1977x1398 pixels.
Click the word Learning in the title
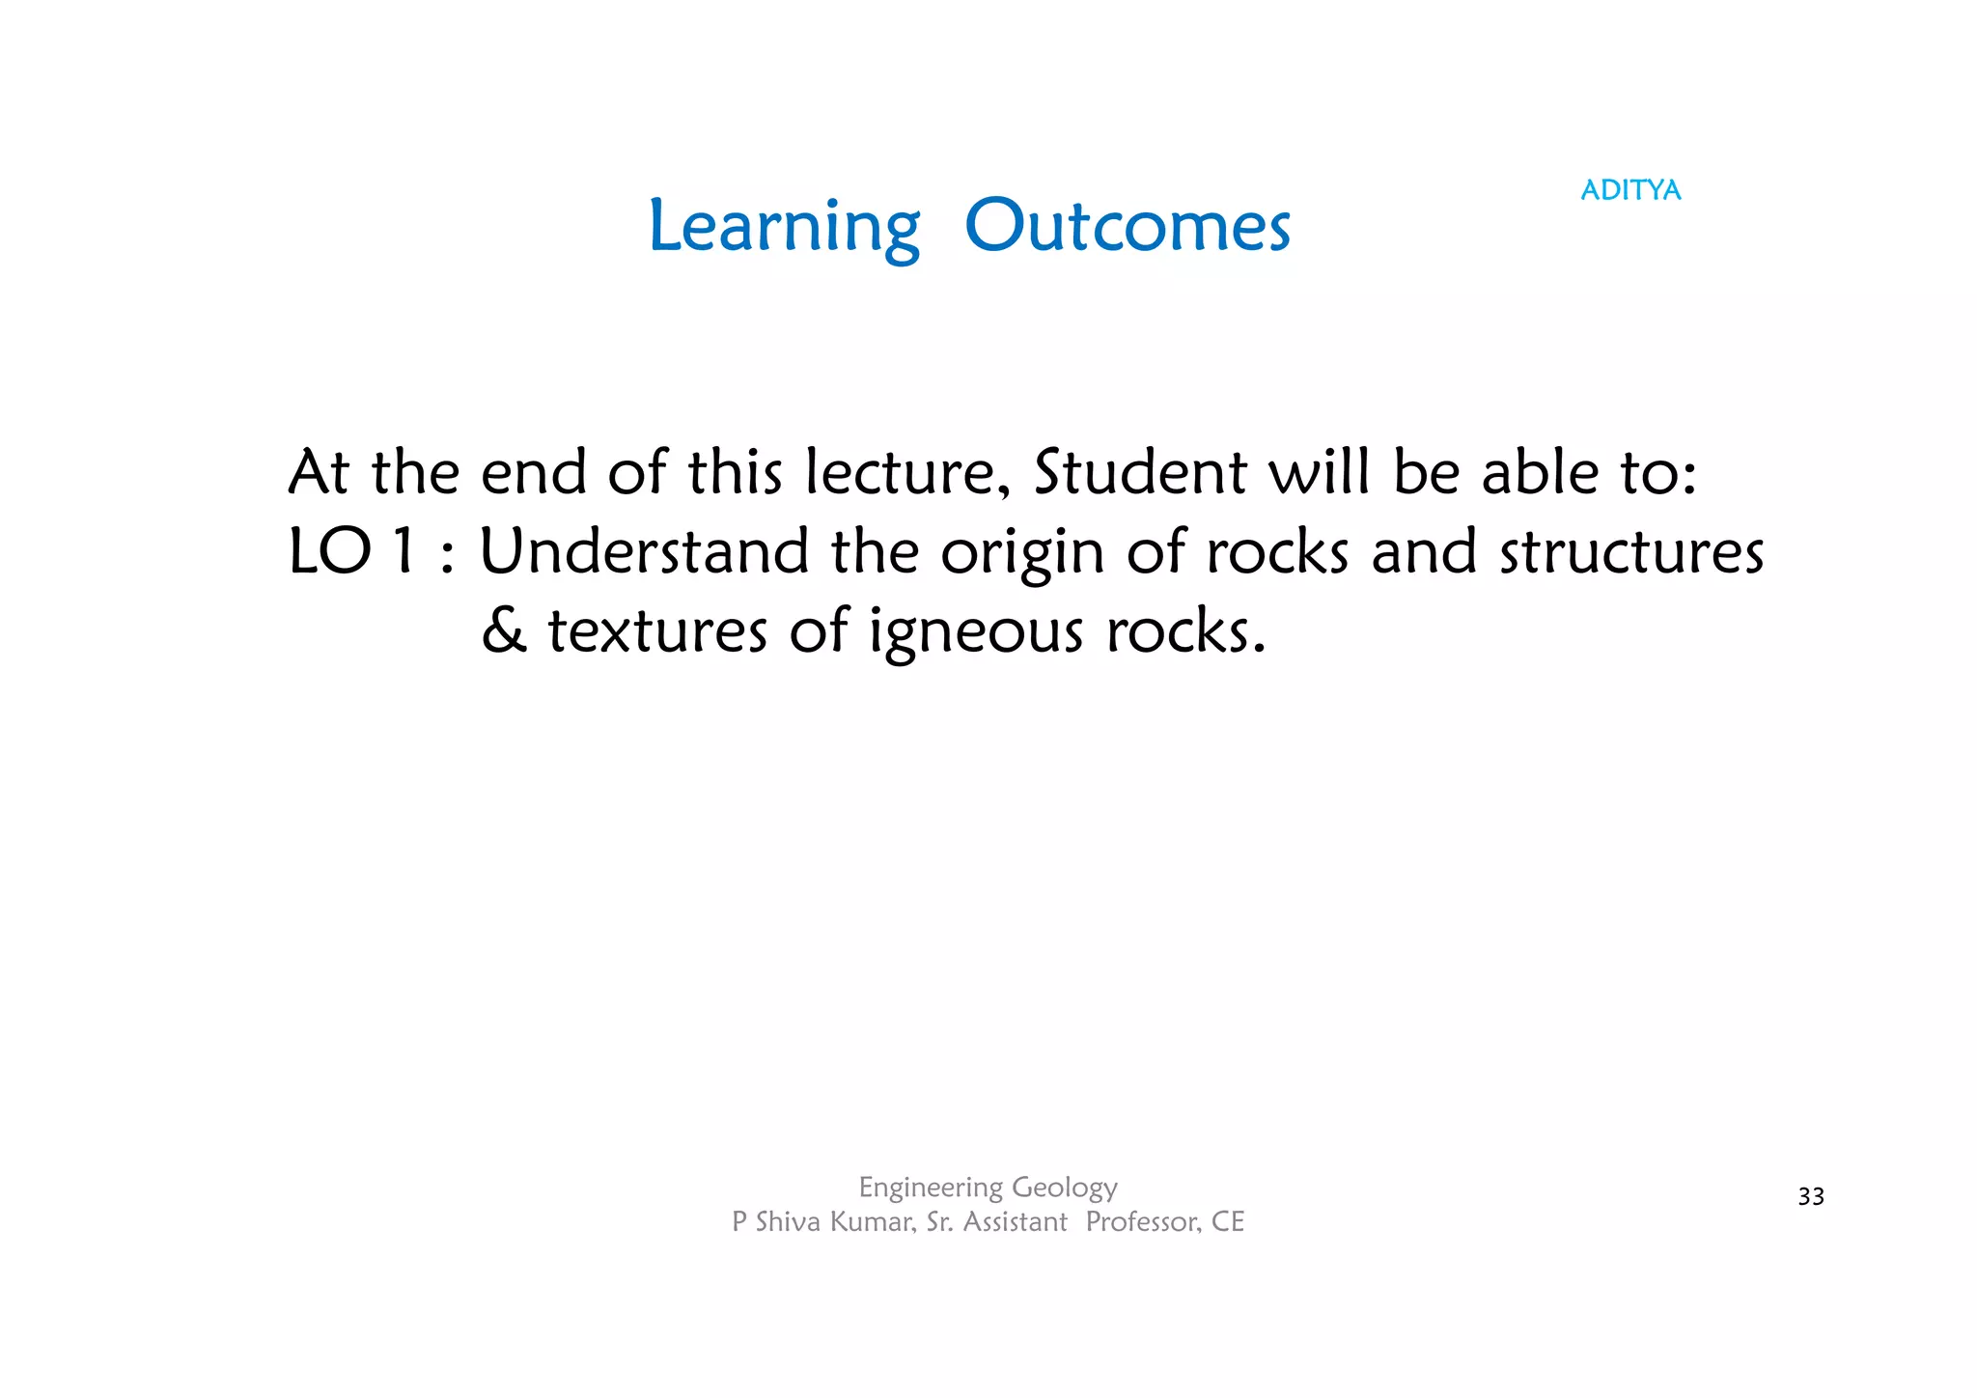tap(784, 228)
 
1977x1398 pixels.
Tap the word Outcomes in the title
tap(1127, 228)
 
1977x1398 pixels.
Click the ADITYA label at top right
tap(1630, 190)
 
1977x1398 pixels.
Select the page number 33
tap(1811, 1197)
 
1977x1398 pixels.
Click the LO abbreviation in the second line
tap(329, 552)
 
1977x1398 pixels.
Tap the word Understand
tap(644, 552)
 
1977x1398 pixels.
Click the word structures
tap(1631, 552)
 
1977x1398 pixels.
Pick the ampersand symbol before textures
tap(504, 631)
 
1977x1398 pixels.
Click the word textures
tap(657, 631)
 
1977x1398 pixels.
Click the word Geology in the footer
tap(1065, 1188)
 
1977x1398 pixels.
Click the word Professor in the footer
tap(1143, 1222)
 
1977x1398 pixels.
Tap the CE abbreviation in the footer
tap(1228, 1222)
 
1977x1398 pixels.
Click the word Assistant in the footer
tap(1015, 1222)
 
